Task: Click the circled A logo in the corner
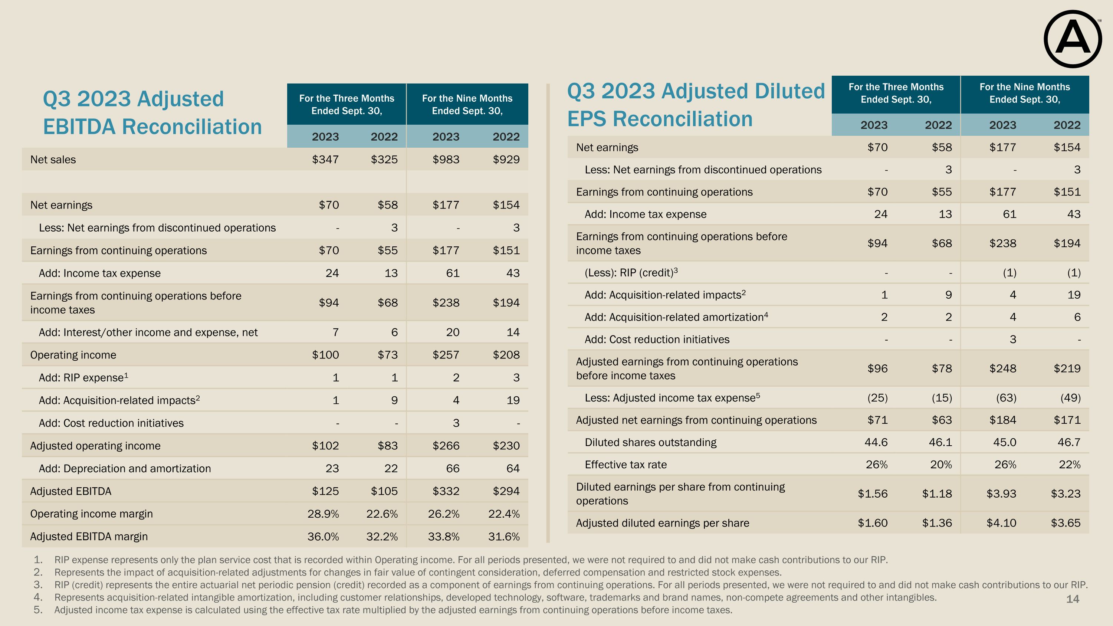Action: coord(1073,39)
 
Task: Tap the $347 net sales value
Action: coord(325,160)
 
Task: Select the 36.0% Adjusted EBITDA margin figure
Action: coord(323,537)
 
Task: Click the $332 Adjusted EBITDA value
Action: coord(446,491)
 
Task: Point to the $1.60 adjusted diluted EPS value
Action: coord(872,523)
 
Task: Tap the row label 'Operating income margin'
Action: coord(91,514)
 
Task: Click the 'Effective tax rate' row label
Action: coord(625,465)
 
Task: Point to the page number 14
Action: coord(1073,599)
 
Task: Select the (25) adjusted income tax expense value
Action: coord(877,398)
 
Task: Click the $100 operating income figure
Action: coord(325,355)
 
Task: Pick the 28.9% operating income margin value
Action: coord(323,514)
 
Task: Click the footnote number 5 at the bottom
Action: coord(38,610)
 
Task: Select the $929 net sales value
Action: coord(506,160)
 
